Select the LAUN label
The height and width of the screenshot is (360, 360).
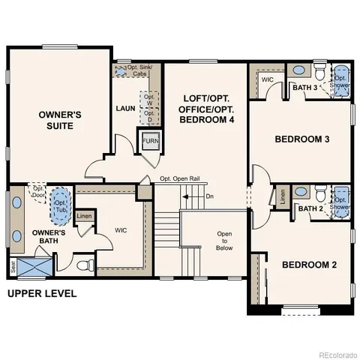(124, 109)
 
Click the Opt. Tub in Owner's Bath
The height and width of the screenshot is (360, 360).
(59, 205)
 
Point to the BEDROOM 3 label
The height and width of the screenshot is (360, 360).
(301, 139)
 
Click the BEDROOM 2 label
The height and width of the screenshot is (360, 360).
(309, 265)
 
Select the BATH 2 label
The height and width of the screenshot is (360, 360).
(309, 208)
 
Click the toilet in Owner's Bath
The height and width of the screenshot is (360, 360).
(88, 264)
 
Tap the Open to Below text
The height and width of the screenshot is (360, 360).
(224, 241)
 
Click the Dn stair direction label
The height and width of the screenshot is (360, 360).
(209, 196)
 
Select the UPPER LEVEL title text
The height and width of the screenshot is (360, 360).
(42, 293)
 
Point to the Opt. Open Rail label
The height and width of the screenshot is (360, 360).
(180, 179)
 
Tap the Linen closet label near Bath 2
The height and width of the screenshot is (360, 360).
(283, 197)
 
